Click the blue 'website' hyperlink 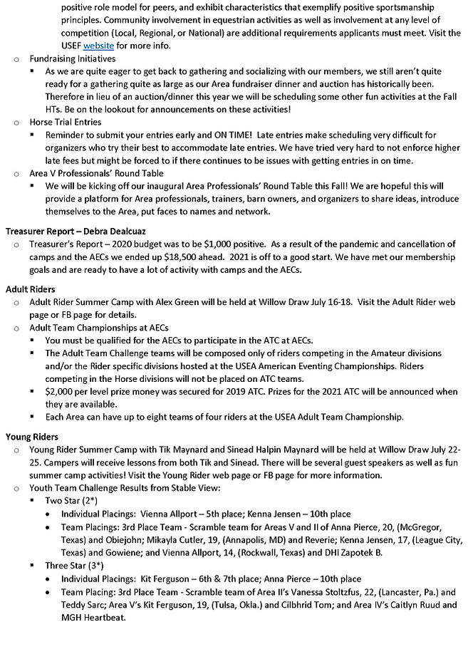coord(98,46)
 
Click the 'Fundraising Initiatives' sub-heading coord(72,59)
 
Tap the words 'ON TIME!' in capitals coord(228,135)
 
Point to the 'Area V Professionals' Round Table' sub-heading coord(96,173)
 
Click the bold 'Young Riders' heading coord(32,437)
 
